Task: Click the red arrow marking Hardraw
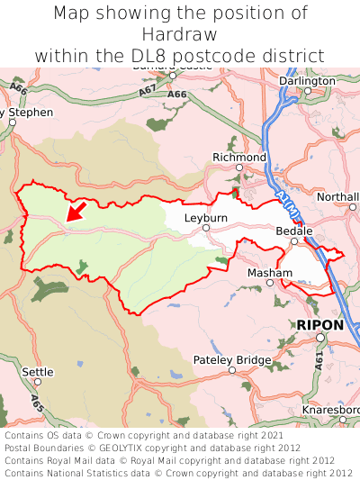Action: pyautogui.click(x=76, y=211)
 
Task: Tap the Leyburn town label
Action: pyautogui.click(x=205, y=218)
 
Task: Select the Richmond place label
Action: pyautogui.click(x=239, y=158)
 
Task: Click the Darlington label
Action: pyautogui.click(x=307, y=80)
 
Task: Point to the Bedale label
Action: pyautogui.click(x=293, y=231)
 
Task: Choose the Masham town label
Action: pyautogui.click(x=269, y=272)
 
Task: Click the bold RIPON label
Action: pyautogui.click(x=319, y=324)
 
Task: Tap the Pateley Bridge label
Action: pyautogui.click(x=232, y=360)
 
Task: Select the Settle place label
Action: pyautogui.click(x=38, y=371)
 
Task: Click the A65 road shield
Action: pyautogui.click(x=36, y=403)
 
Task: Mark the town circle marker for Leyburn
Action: pyautogui.click(x=205, y=228)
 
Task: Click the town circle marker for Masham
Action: pyautogui.click(x=269, y=283)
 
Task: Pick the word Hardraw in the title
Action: pyautogui.click(x=180, y=34)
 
